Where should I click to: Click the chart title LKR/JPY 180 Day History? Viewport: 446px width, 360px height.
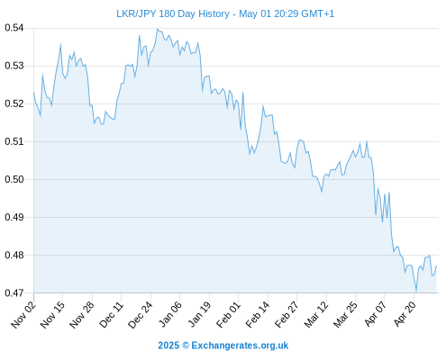pyautogui.click(x=173, y=13)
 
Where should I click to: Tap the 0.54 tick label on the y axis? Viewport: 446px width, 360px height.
pyautogui.click(x=14, y=28)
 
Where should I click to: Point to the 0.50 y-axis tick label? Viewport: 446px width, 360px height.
pyautogui.click(x=14, y=179)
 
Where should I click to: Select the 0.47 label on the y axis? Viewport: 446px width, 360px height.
pyautogui.click(x=14, y=292)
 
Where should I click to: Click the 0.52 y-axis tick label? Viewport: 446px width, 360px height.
pyautogui.click(x=14, y=103)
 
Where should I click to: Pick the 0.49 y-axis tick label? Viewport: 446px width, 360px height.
pyautogui.click(x=14, y=217)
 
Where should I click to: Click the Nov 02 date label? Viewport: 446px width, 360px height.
pyautogui.click(x=23, y=315)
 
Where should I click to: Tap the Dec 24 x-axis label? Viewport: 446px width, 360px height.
pyautogui.click(x=141, y=315)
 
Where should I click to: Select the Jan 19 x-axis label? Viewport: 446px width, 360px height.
pyautogui.click(x=199, y=315)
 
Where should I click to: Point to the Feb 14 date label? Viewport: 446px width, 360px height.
pyautogui.click(x=258, y=315)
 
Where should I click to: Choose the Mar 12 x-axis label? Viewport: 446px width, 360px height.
pyautogui.click(x=316, y=315)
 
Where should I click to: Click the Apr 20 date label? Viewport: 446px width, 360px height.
pyautogui.click(x=405, y=315)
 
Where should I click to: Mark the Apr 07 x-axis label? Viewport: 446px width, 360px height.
pyautogui.click(x=376, y=315)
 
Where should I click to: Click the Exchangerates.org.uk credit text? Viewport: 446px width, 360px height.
pyautogui.click(x=240, y=346)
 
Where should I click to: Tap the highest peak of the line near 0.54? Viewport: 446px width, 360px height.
pyautogui.click(x=157, y=29)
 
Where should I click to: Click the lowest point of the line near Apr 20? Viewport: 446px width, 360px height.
pyautogui.click(x=416, y=291)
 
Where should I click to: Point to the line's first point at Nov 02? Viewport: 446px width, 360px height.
pyautogui.click(x=33, y=93)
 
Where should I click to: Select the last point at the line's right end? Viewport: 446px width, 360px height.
pyautogui.click(x=436, y=265)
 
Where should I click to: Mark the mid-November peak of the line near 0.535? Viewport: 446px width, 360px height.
pyautogui.click(x=60, y=44)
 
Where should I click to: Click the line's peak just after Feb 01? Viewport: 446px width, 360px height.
pyautogui.click(x=242, y=93)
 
